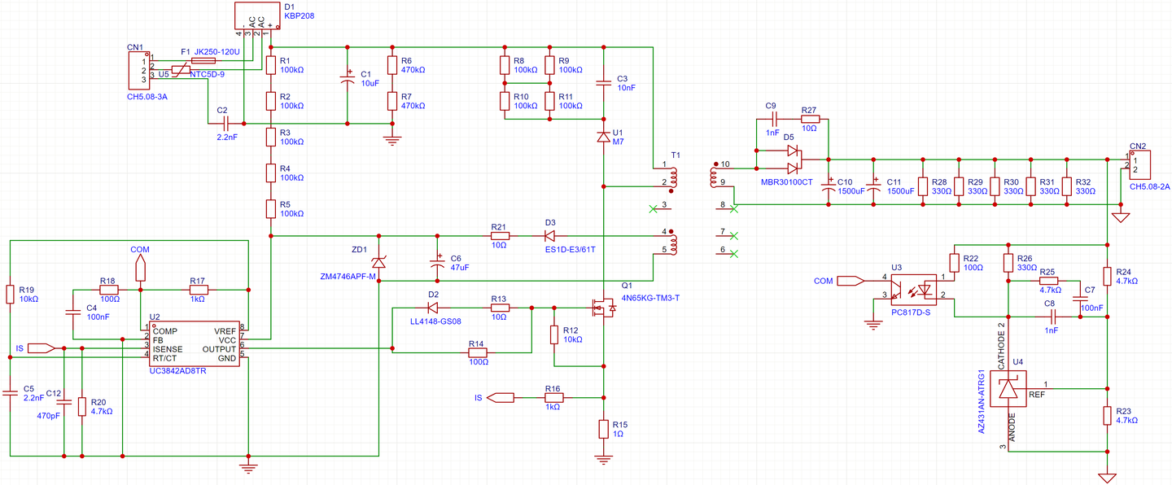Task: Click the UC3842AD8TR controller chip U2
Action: click(x=193, y=344)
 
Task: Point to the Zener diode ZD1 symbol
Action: click(x=378, y=262)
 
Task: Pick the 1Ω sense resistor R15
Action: click(x=603, y=429)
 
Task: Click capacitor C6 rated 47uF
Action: click(x=437, y=262)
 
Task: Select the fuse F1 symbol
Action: click(x=203, y=60)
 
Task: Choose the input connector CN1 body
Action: click(x=136, y=70)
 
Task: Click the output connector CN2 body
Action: click(x=1139, y=165)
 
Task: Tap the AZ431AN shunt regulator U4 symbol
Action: click(x=1009, y=389)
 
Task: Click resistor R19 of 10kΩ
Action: click(x=10, y=294)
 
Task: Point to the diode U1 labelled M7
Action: click(x=603, y=138)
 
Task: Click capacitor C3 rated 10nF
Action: click(x=603, y=82)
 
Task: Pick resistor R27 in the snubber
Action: click(x=809, y=119)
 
